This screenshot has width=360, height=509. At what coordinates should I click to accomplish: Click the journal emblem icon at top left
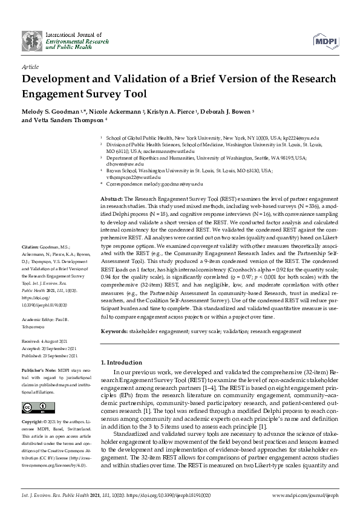30,39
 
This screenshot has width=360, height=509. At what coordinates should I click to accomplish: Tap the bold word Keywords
114,331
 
